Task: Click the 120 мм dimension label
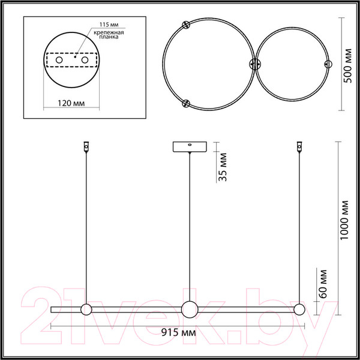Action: (71, 103)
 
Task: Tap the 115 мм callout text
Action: (109, 25)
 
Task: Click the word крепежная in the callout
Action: (109, 32)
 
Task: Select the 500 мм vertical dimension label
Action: (348, 65)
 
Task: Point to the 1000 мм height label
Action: (344, 220)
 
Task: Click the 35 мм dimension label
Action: (222, 167)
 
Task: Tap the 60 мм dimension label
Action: (322, 284)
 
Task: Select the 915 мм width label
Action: (178, 332)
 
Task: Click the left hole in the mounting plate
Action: (59, 60)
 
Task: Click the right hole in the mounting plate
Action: (85, 60)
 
